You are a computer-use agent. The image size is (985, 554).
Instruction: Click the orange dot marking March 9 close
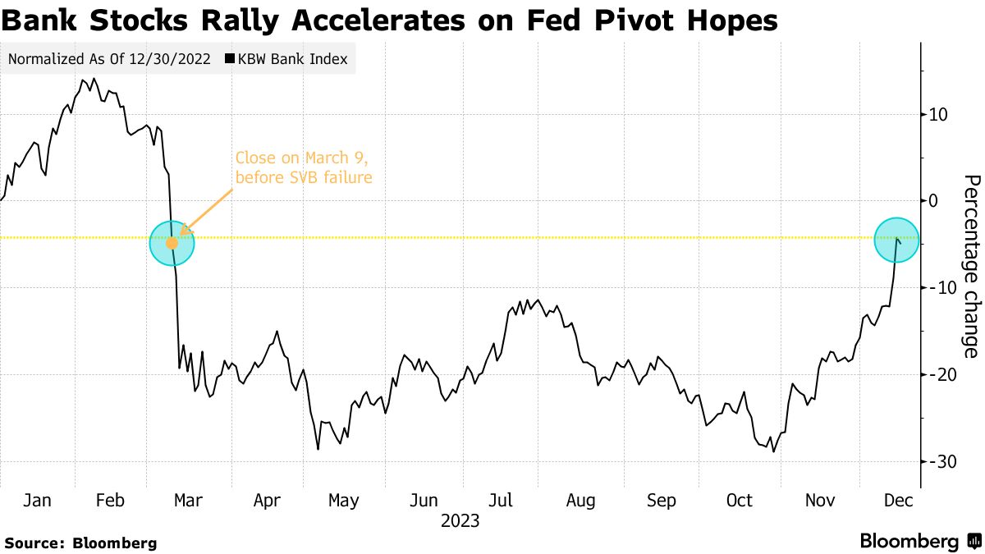(x=172, y=243)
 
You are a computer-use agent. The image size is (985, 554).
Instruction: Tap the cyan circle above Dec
(x=896, y=240)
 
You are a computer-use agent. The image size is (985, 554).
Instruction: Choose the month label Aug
(x=581, y=500)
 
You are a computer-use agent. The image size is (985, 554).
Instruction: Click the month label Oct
(x=740, y=500)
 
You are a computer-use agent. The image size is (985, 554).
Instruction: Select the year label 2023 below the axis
(x=460, y=520)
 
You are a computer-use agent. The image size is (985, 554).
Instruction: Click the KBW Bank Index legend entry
(x=286, y=59)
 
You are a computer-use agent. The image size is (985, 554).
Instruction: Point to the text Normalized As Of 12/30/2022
(x=108, y=59)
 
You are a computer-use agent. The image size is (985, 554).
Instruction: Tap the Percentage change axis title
(x=971, y=266)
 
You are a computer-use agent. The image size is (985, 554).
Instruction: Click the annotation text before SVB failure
(x=304, y=176)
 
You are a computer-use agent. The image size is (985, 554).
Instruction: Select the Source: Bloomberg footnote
(x=80, y=543)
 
